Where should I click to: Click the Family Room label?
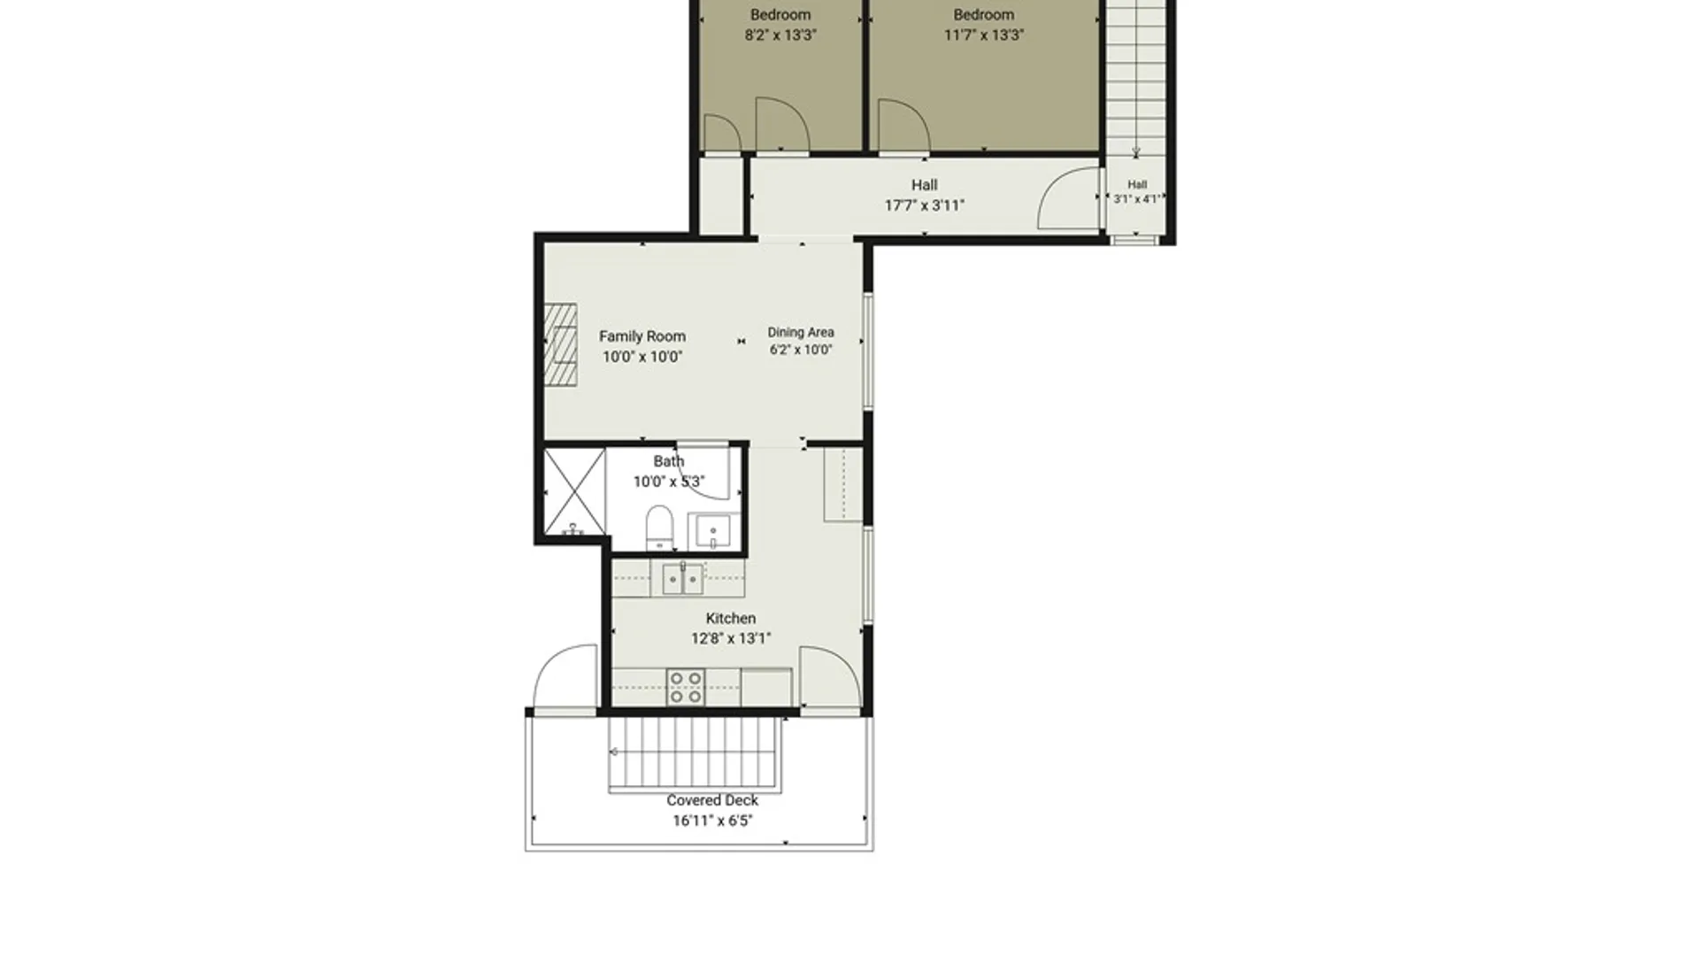click(x=642, y=336)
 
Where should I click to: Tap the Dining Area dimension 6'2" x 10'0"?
click(x=801, y=350)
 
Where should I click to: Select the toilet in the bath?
click(x=659, y=528)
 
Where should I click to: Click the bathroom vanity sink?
click(x=713, y=531)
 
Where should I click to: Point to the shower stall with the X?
click(x=574, y=492)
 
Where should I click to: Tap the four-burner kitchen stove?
click(x=686, y=688)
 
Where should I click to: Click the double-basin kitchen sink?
click(x=683, y=579)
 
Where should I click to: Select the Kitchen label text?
click(x=731, y=619)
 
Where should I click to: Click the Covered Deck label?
click(x=712, y=800)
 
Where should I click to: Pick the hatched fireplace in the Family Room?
click(x=560, y=344)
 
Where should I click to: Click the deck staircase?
click(x=696, y=753)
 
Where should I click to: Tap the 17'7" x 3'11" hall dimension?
click(x=925, y=205)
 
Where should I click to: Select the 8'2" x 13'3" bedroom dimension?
click(x=780, y=35)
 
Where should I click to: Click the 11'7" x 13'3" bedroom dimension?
click(x=984, y=35)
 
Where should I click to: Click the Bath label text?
click(x=669, y=461)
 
